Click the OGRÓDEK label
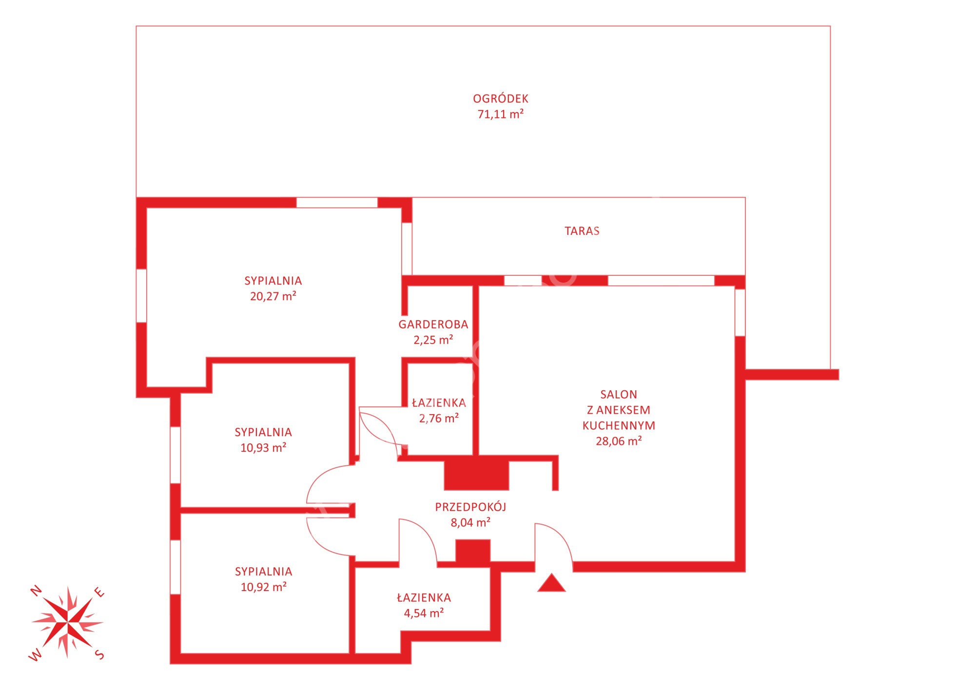(x=501, y=98)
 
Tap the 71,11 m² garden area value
(x=501, y=114)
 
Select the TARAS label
(x=582, y=231)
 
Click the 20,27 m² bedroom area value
(x=273, y=296)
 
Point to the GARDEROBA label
(x=433, y=325)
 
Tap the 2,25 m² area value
(x=433, y=340)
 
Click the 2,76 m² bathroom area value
(x=439, y=418)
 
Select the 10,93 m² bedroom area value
(x=263, y=448)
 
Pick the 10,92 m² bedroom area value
(x=263, y=587)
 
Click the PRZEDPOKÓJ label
(x=470, y=507)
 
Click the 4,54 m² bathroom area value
(x=424, y=613)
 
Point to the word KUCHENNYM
(x=619, y=425)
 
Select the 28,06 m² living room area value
(x=619, y=441)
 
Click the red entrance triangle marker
(x=551, y=583)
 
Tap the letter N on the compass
(x=36, y=591)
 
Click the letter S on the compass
(x=99, y=654)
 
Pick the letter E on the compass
(x=99, y=593)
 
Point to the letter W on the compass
(x=35, y=656)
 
